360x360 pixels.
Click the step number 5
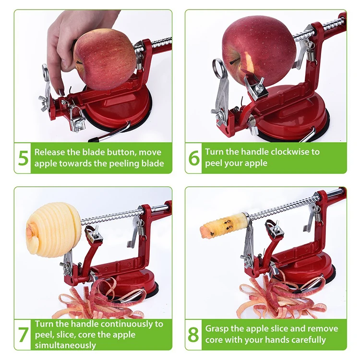click(23, 158)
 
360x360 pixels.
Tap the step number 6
click(194, 158)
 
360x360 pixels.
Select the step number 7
click(23, 335)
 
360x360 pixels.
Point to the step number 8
click(193, 335)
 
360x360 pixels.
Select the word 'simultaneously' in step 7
click(65, 345)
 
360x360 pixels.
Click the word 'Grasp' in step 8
click(217, 329)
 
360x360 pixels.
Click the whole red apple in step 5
click(105, 60)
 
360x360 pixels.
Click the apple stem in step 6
click(234, 61)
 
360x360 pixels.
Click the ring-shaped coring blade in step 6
click(217, 68)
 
